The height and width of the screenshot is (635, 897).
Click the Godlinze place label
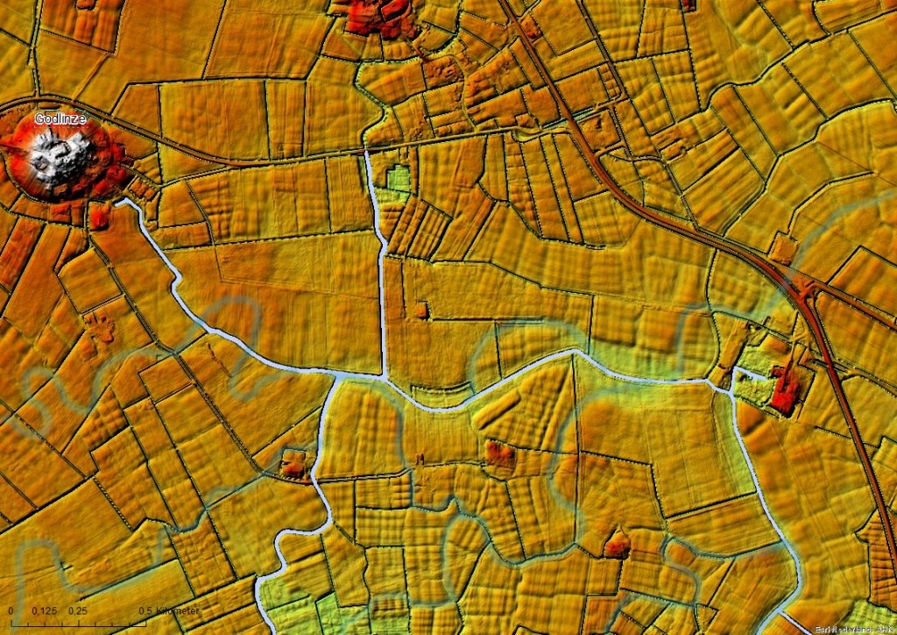pos(60,118)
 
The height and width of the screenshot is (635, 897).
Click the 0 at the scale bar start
pos(11,610)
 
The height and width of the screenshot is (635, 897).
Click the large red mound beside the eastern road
pos(784,388)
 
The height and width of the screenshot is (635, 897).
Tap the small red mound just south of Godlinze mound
pos(99,216)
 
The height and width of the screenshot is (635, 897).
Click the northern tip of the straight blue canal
pos(366,154)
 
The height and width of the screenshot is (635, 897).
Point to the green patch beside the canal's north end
pos(399,179)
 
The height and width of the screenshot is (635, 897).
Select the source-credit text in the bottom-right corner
pos(855,629)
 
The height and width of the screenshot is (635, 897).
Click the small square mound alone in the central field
pos(422,310)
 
